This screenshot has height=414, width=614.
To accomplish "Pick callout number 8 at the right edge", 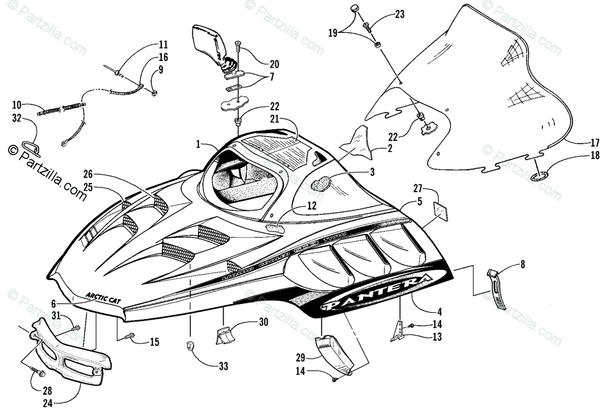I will coord(522,265).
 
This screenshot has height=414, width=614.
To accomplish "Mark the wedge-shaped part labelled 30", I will coord(224,334).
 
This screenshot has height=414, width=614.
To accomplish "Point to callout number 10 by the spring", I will coord(17,105).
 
